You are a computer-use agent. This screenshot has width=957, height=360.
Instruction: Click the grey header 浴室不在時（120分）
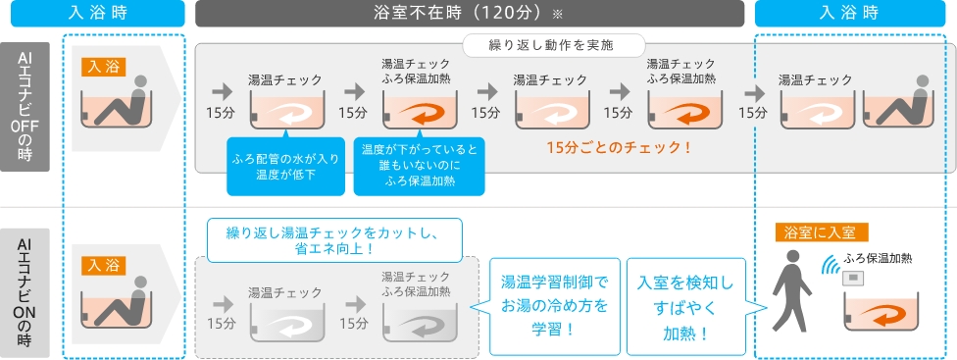470,14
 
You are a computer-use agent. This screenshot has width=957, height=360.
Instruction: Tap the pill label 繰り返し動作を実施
554,45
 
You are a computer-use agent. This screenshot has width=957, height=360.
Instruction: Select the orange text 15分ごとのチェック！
619,147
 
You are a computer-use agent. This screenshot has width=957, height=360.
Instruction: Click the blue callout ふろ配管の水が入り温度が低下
285,166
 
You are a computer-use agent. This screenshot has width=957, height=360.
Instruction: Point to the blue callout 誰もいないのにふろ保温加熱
420,166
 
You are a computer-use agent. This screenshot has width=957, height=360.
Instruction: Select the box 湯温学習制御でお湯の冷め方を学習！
555,306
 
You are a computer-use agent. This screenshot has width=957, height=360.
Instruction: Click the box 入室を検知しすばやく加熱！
686,306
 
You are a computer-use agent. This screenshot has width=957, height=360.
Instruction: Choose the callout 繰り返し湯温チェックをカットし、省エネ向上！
334,240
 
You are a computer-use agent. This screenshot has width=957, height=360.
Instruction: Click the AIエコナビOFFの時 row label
25,107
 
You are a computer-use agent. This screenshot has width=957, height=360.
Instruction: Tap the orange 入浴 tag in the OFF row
103,67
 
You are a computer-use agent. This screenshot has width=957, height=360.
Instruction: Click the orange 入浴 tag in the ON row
103,266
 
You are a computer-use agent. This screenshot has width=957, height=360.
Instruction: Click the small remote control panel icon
852,279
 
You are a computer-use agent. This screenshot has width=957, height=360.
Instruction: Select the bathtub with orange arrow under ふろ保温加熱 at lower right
881,311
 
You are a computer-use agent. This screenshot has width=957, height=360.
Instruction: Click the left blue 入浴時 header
98,14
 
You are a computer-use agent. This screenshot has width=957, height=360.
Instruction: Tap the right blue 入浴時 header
848,14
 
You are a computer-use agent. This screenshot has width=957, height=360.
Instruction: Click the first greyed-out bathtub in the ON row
287,322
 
